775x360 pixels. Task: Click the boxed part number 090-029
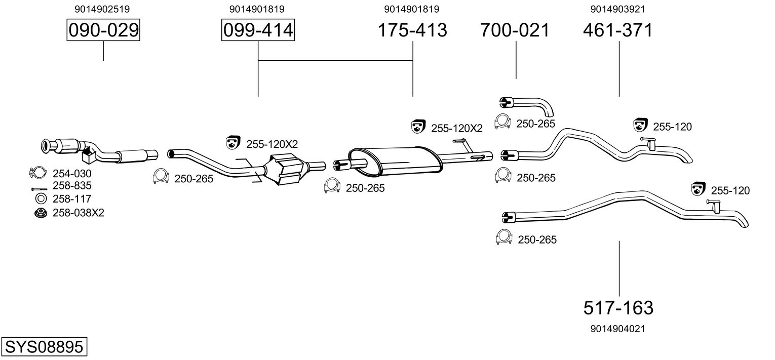(x=103, y=30)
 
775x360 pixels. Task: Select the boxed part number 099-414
(x=258, y=30)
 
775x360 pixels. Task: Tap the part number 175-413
(x=412, y=30)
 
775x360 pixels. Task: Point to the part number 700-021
(x=515, y=30)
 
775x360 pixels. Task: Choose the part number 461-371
(x=618, y=30)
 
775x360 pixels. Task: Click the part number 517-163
(x=618, y=308)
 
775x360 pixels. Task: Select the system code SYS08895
(x=44, y=346)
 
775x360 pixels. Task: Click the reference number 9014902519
(x=102, y=9)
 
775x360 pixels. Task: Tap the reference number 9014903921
(x=618, y=9)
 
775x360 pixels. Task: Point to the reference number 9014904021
(x=618, y=329)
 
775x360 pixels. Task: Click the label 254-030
(x=72, y=174)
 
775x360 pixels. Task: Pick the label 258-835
(x=72, y=186)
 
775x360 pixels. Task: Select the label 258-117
(x=72, y=199)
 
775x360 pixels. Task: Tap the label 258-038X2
(x=79, y=213)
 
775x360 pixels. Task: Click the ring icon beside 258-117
(x=41, y=199)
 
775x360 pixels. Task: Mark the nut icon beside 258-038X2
(x=41, y=213)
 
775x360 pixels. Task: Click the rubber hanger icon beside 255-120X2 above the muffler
(x=418, y=127)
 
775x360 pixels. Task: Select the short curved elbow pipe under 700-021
(x=527, y=106)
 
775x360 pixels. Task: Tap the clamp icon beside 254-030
(x=37, y=173)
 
